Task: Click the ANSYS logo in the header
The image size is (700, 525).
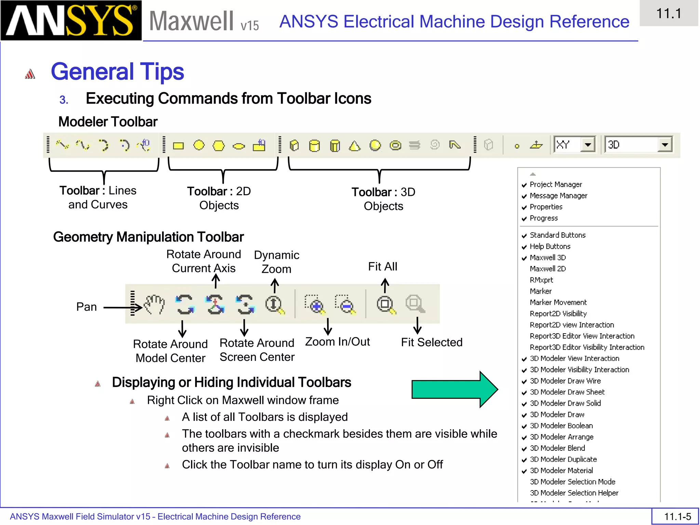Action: coord(71,21)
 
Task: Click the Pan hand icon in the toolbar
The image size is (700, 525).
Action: coord(154,304)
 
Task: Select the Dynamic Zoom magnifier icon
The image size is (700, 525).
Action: coord(274,304)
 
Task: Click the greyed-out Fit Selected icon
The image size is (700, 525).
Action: coord(415,304)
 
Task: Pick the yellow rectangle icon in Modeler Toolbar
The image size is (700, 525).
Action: coord(178,146)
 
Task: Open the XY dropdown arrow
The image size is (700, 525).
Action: coord(588,145)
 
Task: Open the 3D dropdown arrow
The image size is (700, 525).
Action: coord(665,145)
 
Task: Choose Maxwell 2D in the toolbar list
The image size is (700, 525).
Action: coord(548,269)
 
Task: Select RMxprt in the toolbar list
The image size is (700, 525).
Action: coord(541,280)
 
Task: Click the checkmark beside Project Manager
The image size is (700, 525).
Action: coord(524,185)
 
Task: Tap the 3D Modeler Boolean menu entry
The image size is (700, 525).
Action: coord(561,426)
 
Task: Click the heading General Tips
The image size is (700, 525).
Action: coord(117,71)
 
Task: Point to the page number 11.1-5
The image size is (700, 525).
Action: coord(677,516)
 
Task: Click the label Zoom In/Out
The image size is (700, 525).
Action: coord(337,341)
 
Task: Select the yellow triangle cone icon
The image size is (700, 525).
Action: coord(355,146)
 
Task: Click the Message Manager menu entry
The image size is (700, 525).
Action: coord(558,196)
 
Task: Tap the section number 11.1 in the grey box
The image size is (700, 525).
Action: coord(669,14)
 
